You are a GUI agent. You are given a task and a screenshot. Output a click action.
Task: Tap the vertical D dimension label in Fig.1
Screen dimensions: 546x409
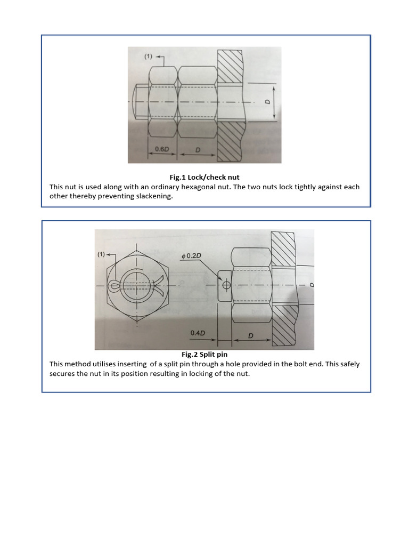[268, 102]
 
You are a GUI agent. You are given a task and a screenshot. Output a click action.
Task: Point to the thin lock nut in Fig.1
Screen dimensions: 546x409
[162, 101]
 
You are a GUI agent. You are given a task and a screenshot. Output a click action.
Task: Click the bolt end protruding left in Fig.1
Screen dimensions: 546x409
[139, 101]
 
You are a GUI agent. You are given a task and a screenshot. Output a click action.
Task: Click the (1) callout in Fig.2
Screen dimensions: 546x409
[102, 255]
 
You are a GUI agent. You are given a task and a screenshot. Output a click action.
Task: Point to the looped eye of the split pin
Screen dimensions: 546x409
[115, 286]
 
